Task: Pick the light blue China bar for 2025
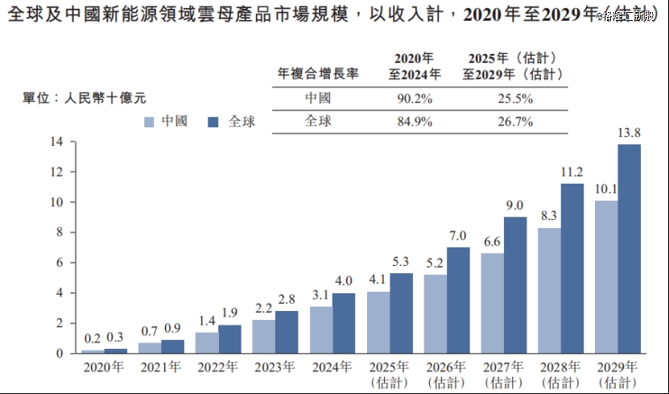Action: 378,322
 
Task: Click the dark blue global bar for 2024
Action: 344,323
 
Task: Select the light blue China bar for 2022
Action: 207,342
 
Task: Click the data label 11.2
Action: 572,172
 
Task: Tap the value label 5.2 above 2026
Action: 435,263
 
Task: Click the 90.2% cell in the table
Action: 417,99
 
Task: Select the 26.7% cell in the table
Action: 511,122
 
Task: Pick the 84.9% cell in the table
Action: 417,122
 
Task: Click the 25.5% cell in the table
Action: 511,99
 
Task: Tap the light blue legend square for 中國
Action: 149,122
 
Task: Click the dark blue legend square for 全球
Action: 213,122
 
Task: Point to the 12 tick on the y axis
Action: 57,172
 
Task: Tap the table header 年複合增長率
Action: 317,73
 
